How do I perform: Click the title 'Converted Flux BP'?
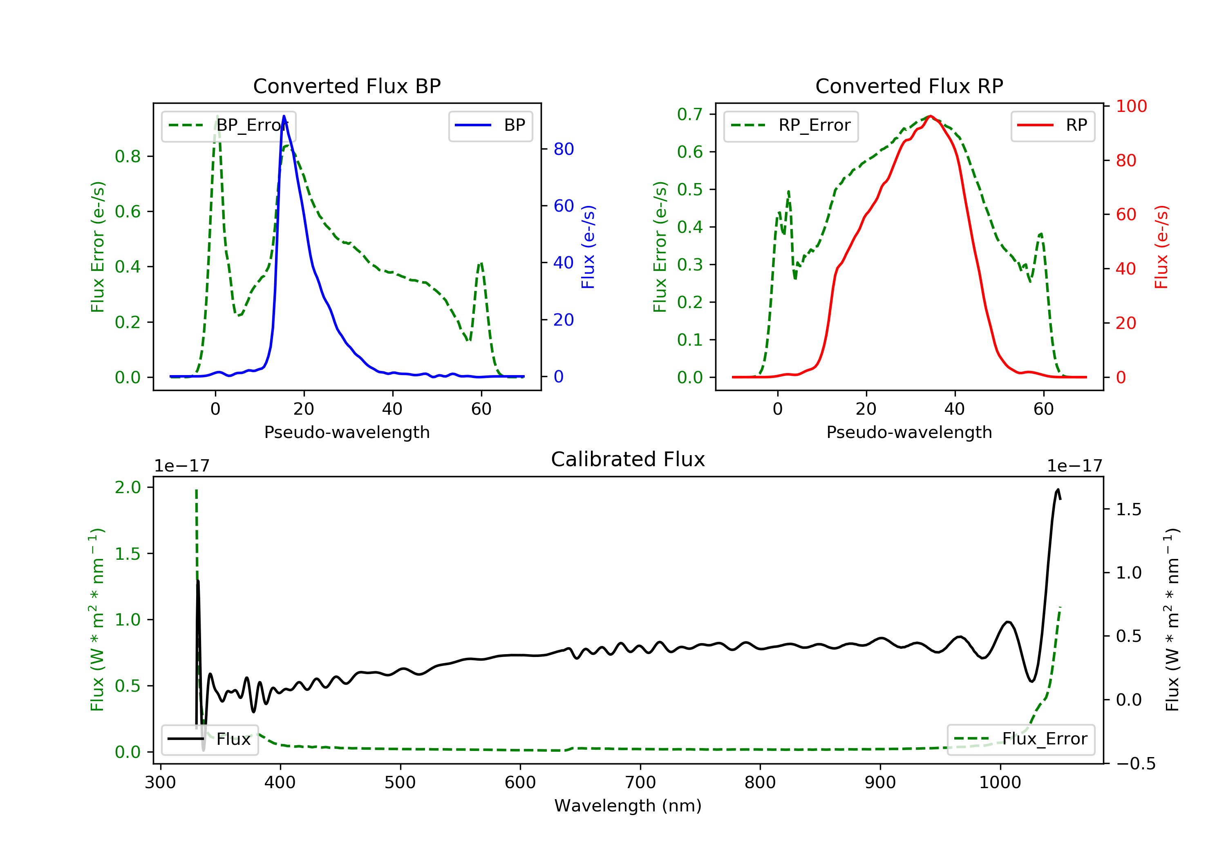tap(347, 86)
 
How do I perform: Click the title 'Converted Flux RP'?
tap(909, 86)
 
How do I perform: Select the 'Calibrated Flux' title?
tap(628, 459)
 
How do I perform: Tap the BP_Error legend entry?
tap(228, 125)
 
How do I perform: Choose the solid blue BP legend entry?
tap(490, 125)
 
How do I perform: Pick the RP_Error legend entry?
tap(790, 125)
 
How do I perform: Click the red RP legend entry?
tap(1052, 125)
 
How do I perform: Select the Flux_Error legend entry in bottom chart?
tap(1020, 739)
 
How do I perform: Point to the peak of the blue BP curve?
tap(284, 116)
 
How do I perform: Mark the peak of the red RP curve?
tap(930, 116)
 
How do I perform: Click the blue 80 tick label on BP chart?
tap(563, 149)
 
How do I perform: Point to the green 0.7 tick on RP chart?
tap(689, 114)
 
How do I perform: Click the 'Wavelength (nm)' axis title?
tap(628, 806)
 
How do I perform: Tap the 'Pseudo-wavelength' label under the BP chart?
tap(347, 432)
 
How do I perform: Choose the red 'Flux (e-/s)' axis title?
tap(1161, 247)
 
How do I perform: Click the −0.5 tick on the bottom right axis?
tap(1136, 764)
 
